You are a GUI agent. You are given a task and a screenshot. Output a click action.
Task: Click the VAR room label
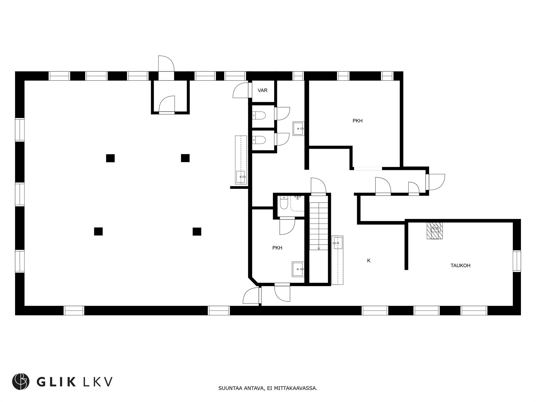tap(262, 90)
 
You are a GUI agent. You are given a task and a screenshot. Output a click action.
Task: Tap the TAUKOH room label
tap(460, 265)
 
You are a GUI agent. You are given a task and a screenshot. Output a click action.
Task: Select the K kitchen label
tap(368, 260)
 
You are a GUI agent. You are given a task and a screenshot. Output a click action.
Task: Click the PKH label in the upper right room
tap(357, 121)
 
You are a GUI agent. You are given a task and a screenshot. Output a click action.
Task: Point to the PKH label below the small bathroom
tap(277, 248)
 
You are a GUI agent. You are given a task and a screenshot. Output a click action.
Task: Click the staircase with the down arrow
tap(319, 222)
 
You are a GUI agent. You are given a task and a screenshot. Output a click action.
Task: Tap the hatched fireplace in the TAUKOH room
tap(435, 230)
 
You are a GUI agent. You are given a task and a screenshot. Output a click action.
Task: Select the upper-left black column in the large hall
tap(110, 158)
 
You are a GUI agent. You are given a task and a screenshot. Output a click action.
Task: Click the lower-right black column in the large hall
tap(197, 232)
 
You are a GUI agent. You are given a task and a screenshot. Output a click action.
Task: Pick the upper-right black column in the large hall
tap(185, 158)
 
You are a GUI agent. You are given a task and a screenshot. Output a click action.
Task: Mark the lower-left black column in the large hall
tap(98, 231)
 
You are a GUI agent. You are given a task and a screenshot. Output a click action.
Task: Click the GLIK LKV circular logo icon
tap(20, 381)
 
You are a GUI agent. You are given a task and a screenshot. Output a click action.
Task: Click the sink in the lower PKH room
tap(298, 269)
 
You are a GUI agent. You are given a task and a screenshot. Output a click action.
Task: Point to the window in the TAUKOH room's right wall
tap(517, 261)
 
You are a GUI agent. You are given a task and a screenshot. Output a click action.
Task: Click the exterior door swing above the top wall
tap(166, 64)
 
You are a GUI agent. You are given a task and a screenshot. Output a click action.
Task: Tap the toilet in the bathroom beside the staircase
tap(284, 203)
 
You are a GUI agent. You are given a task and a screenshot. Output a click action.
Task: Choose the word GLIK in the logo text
tap(56, 382)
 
